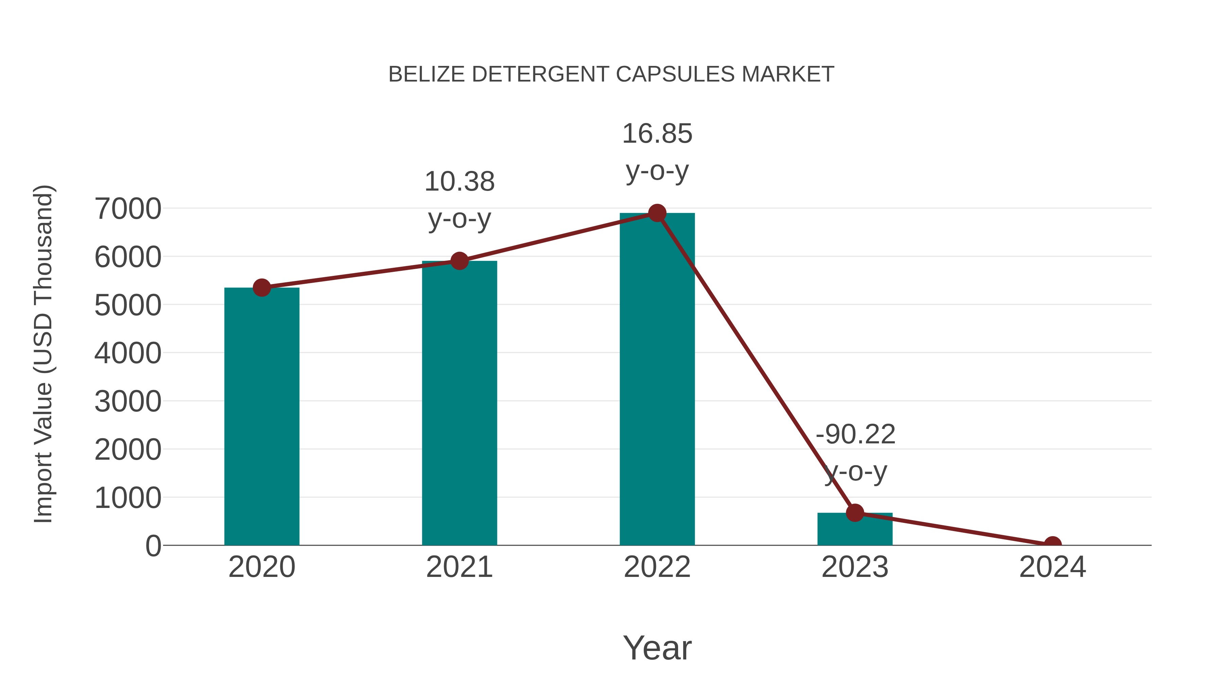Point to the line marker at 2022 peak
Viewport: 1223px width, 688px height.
[657, 213]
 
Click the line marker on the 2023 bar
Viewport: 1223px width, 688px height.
[855, 512]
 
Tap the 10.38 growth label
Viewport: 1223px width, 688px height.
[459, 182]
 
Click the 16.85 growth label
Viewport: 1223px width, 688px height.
[657, 134]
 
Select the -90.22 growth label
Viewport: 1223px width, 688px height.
[855, 435]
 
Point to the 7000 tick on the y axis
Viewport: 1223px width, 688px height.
[128, 209]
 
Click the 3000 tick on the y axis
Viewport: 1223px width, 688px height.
[128, 401]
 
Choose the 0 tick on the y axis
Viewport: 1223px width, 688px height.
[153, 546]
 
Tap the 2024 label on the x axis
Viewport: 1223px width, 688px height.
[1052, 567]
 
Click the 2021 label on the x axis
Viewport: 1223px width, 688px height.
[459, 567]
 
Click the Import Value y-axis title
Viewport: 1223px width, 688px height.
[43, 354]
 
